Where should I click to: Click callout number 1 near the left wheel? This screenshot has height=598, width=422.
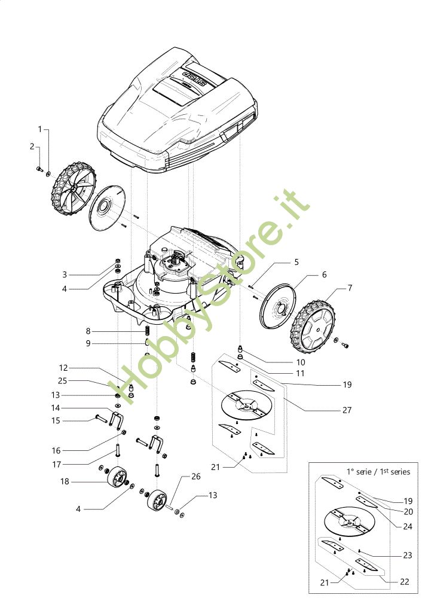point(40,129)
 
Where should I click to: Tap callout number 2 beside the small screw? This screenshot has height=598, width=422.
point(32,146)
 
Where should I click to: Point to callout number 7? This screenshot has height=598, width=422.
point(350,288)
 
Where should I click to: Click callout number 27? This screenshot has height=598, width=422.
point(347,410)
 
